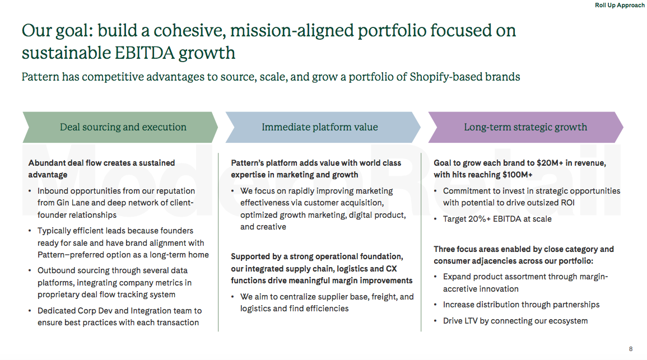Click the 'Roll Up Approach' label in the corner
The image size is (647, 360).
coord(620,6)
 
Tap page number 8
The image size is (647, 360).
coord(631,349)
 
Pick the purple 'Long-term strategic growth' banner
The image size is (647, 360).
coord(525,127)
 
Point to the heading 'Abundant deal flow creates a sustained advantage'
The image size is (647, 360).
coord(101,169)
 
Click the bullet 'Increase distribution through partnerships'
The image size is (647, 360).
coord(521,305)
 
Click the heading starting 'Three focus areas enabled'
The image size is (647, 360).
coord(523,255)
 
